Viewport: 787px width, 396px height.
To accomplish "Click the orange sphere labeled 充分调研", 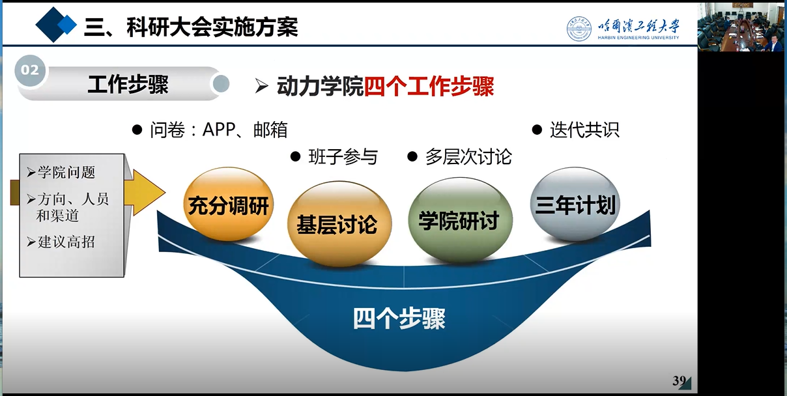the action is click(229, 204).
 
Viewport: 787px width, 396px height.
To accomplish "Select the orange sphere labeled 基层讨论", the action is click(339, 223).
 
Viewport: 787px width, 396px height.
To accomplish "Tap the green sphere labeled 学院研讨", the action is click(460, 220).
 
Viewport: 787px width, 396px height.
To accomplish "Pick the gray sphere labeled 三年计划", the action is click(575, 204).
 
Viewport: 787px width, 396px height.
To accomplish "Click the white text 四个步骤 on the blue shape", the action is click(399, 318).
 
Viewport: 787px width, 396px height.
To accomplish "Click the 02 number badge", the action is click(30, 70).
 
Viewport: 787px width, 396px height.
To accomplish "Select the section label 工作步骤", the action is click(128, 84).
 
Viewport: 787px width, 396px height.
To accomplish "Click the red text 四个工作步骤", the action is click(429, 87).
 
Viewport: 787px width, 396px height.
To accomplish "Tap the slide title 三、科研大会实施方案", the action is click(191, 27).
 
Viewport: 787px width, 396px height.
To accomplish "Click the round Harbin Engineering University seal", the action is click(579, 29).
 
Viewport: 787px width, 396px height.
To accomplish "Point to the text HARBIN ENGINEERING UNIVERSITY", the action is click(638, 38).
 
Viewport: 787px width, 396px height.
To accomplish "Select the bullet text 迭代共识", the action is click(584, 130).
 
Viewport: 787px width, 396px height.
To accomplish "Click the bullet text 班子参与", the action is click(343, 157).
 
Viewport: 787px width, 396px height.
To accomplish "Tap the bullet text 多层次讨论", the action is click(468, 157).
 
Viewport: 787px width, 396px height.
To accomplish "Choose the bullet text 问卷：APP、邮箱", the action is click(219, 130).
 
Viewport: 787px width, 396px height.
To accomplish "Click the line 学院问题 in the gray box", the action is click(66, 172).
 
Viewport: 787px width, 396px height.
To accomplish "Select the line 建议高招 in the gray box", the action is click(66, 242).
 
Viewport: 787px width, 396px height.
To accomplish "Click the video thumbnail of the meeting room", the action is click(741, 27).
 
